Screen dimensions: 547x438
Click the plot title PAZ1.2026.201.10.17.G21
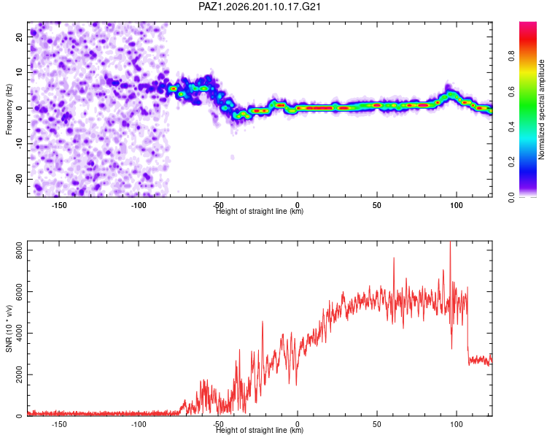coord(259,7)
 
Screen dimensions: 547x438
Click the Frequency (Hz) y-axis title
coord(9,109)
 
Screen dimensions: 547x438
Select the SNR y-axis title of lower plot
coord(9,328)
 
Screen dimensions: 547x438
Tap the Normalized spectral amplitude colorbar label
coord(541,109)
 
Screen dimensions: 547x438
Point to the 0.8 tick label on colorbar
coord(511,56)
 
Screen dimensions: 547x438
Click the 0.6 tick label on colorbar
coord(511,91)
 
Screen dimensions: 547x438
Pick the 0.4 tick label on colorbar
coord(511,127)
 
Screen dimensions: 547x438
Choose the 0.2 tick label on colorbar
coord(511,162)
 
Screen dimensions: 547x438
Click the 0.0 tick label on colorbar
coord(511,197)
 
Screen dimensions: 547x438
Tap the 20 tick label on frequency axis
coord(19,37)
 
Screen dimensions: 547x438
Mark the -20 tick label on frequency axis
coord(19,180)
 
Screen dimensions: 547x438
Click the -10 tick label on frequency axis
coord(19,144)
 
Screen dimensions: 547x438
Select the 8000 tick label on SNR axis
coord(19,250)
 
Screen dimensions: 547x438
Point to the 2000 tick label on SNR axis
coord(19,374)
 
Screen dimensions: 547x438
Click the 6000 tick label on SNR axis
coord(19,292)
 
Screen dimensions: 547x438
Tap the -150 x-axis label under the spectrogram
coord(59,205)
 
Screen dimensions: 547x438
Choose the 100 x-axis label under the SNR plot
coord(457,424)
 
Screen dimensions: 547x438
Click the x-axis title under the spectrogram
coord(260,211)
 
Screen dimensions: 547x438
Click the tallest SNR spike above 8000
coord(450,242)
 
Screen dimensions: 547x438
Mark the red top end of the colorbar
coord(528,23)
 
